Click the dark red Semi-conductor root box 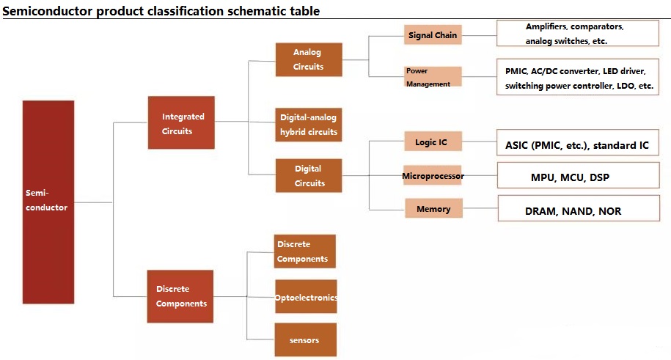coord(48,202)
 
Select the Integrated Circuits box coord(181,122)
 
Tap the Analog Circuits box coord(309,59)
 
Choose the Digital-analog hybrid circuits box coord(308,125)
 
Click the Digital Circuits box coord(309,175)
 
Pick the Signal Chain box coord(433,35)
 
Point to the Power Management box coord(433,77)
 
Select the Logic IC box coord(433,142)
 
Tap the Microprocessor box coord(433,175)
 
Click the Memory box coord(434,208)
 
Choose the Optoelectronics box coord(306,297)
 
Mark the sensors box coord(306,340)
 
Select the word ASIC coord(516,146)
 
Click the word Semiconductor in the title coord(48,11)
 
